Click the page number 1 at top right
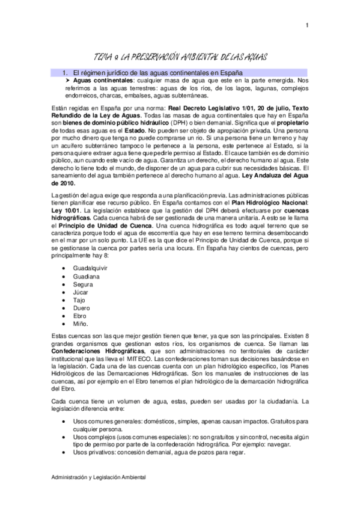[x=307, y=25]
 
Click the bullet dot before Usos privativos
[x=64, y=452]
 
